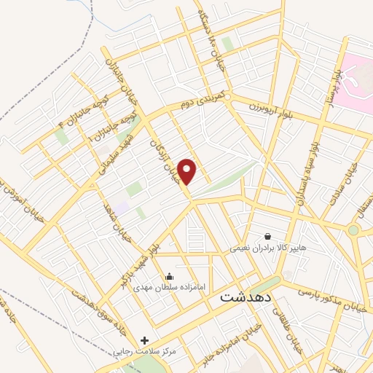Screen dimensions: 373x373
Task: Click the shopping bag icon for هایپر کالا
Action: point(267,236)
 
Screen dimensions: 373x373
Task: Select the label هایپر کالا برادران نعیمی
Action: point(264,248)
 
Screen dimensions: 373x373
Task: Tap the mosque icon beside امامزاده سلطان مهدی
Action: point(169,275)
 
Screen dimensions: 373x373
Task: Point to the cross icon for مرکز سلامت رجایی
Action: point(144,340)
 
